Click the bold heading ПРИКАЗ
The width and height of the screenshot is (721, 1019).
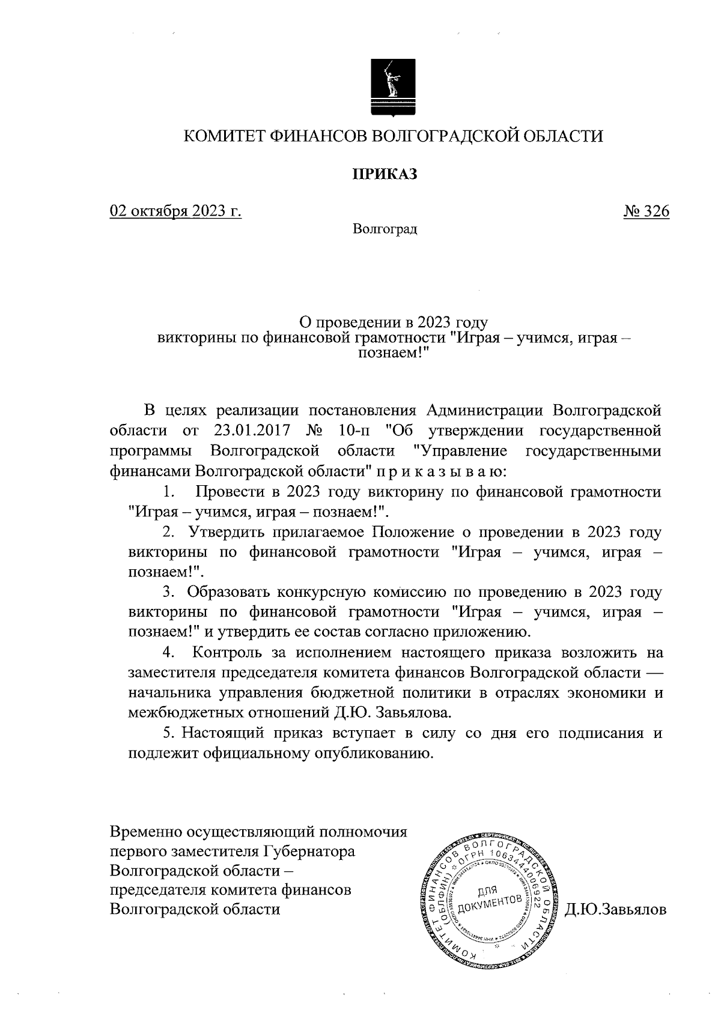point(384,174)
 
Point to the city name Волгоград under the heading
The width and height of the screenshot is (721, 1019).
point(385,229)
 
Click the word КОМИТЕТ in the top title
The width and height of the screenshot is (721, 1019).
point(222,136)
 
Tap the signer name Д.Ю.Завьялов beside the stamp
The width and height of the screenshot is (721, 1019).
point(616,910)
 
